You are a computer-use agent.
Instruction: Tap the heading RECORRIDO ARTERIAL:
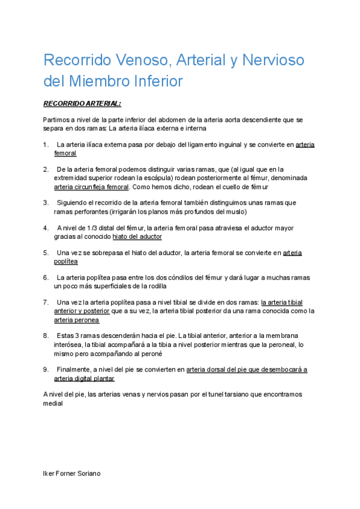(x=82, y=103)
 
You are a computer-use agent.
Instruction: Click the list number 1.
(x=46, y=145)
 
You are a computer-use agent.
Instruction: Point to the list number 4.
(x=46, y=228)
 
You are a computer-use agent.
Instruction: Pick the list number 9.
(x=46, y=370)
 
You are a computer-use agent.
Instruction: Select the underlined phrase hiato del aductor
(x=137, y=236)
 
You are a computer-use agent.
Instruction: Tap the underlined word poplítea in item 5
(x=66, y=262)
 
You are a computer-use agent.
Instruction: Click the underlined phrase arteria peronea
(x=77, y=320)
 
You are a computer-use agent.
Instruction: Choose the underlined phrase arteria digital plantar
(x=84, y=379)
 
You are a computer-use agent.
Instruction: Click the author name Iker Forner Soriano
(x=71, y=473)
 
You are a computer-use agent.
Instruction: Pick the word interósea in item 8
(x=68, y=345)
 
